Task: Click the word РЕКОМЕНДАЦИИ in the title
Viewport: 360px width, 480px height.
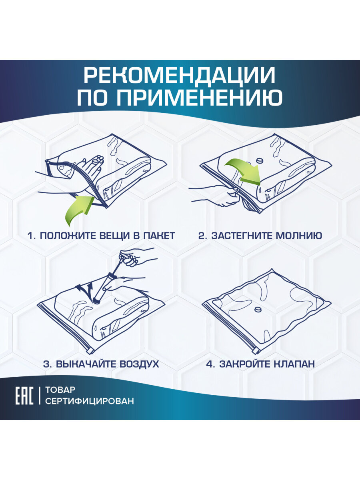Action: coord(180,75)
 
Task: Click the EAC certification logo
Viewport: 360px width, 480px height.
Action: coord(24,396)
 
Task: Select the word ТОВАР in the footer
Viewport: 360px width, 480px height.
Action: coord(60,390)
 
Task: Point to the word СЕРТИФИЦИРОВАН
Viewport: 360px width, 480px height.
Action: coord(90,401)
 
